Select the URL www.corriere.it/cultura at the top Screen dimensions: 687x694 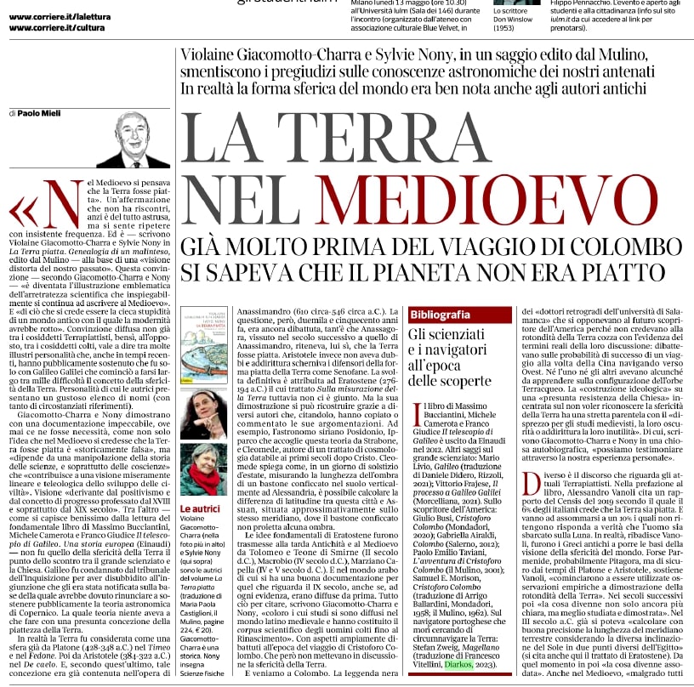(52, 28)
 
